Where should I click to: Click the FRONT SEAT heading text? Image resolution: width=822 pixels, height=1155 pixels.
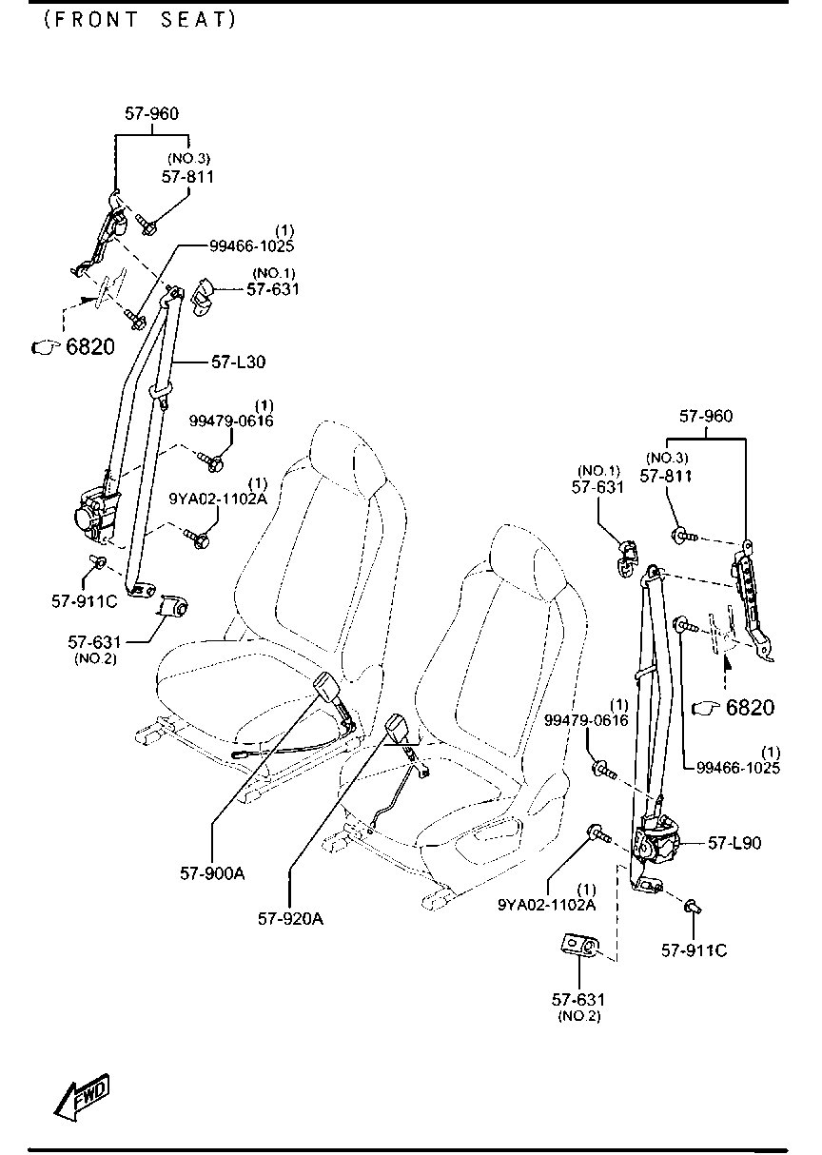(140, 20)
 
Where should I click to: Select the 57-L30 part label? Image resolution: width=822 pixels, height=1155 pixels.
(238, 362)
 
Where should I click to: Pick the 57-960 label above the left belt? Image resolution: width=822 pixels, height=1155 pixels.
(151, 113)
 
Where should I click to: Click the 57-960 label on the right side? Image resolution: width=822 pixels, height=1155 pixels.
(706, 416)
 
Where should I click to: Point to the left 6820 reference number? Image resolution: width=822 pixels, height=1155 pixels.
(90, 347)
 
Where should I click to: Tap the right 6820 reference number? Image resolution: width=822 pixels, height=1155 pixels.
(750, 708)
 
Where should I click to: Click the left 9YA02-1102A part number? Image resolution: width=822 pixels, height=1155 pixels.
(219, 499)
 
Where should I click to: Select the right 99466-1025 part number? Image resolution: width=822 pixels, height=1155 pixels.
(738, 768)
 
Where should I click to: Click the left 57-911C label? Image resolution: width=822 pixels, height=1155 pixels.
(84, 601)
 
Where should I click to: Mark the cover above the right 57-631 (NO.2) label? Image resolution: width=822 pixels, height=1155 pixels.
(580, 945)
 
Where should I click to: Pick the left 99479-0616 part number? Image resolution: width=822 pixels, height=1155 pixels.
(231, 421)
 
